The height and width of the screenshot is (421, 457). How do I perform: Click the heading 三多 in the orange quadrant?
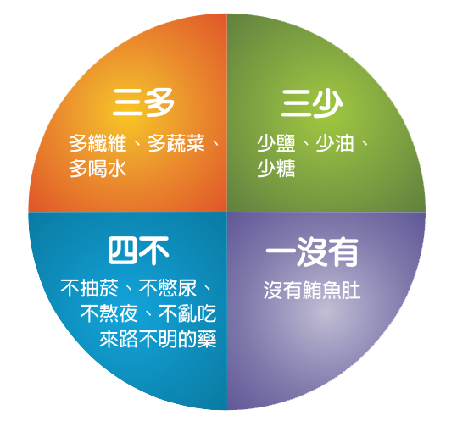(143, 102)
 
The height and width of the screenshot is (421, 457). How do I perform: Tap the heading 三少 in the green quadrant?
(311, 103)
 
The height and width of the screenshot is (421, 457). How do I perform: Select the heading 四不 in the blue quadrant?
(138, 251)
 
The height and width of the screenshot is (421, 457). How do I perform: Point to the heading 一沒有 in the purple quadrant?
(312, 252)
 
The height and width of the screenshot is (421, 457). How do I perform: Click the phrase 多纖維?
(98, 143)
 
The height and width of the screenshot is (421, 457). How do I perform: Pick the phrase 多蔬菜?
(176, 143)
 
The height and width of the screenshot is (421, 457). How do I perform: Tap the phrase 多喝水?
(98, 169)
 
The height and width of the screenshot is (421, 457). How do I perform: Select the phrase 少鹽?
(276, 143)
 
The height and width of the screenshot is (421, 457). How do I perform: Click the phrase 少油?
(335, 143)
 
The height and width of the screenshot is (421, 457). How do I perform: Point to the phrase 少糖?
(276, 169)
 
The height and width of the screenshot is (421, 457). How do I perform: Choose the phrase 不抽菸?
(90, 288)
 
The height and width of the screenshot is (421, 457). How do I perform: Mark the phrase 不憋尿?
(168, 288)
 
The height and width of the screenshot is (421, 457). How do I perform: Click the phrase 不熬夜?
(109, 313)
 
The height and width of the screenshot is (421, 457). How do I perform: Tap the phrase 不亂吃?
(187, 313)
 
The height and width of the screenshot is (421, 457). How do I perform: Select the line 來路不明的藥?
(158, 339)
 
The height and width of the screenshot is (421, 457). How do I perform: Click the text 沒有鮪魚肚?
(312, 290)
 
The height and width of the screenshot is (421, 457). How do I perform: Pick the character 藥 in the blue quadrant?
(207, 339)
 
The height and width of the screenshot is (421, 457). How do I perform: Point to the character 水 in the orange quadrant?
(117, 169)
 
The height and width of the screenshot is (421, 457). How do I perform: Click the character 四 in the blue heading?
(122, 251)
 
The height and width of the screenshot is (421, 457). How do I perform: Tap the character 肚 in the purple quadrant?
(352, 290)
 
